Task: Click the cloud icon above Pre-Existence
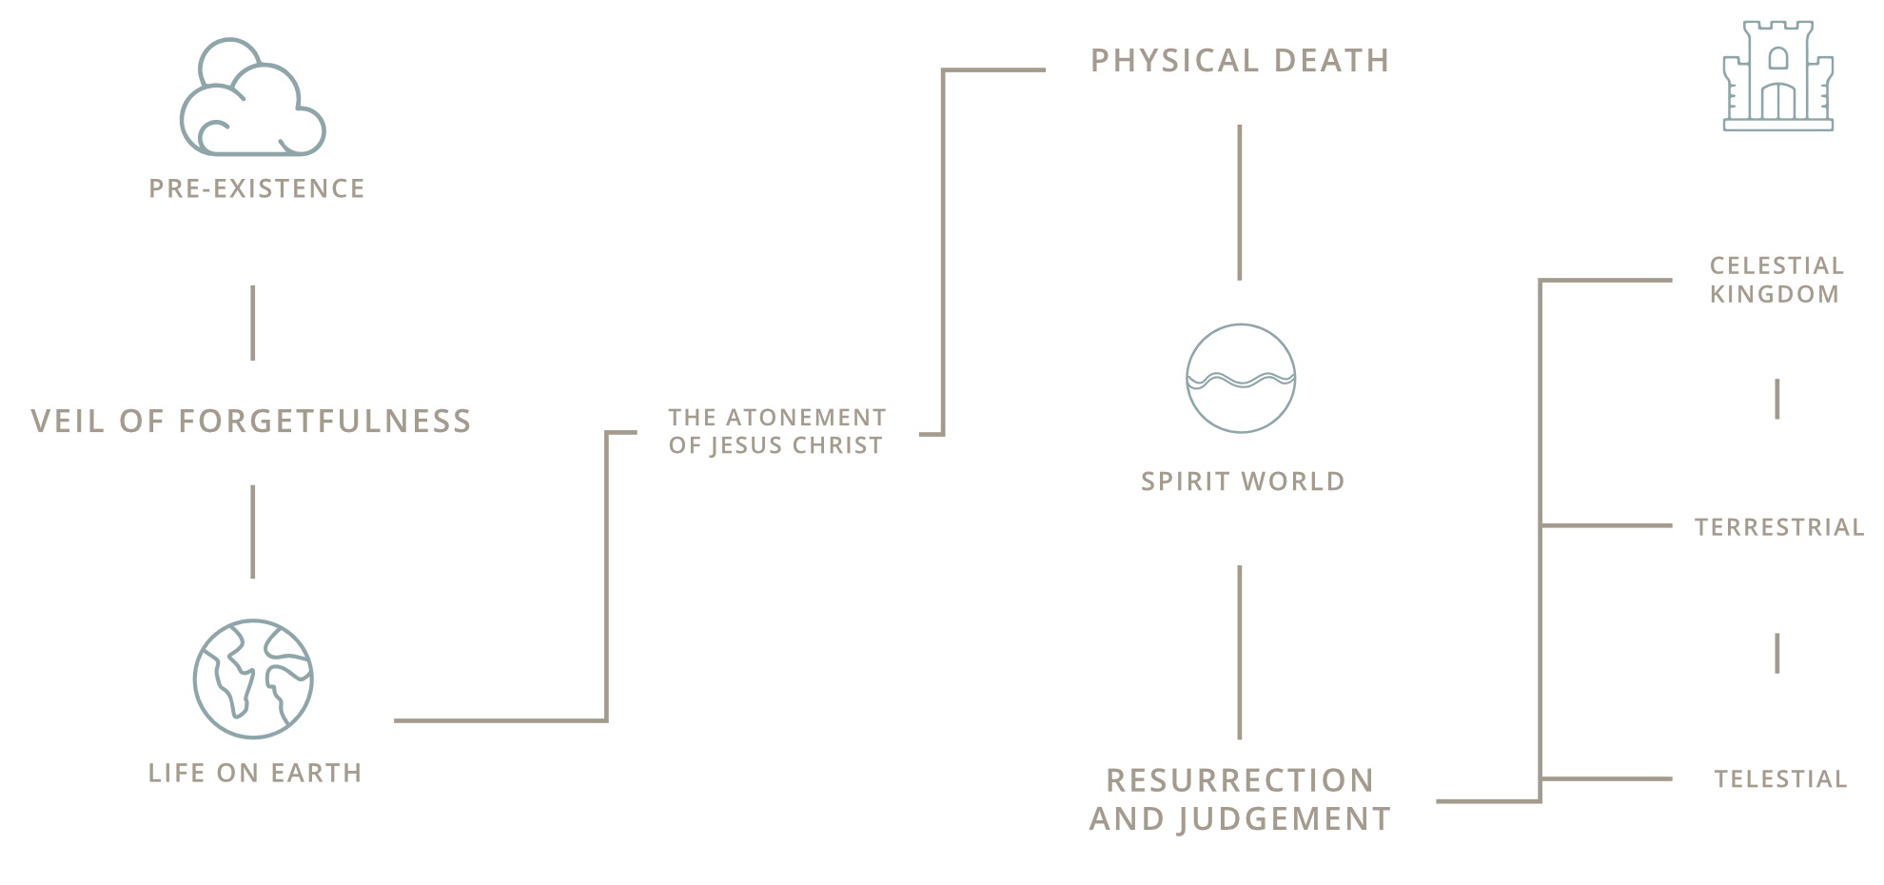tap(253, 99)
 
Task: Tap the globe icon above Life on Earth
tap(253, 678)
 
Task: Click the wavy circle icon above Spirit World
tap(1241, 378)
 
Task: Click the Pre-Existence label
tap(257, 188)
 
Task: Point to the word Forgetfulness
tap(324, 421)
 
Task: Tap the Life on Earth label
tap(255, 773)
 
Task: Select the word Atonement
tap(806, 418)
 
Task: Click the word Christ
tap(837, 445)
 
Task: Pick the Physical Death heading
tap(1240, 61)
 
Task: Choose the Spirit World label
tap(1243, 482)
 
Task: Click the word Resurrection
tap(1240, 780)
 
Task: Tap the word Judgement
tap(1284, 819)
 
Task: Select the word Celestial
tap(1776, 265)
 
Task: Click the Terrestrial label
tap(1779, 527)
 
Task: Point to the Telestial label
tap(1780, 779)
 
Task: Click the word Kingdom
tap(1775, 294)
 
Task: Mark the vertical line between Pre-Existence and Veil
tap(253, 323)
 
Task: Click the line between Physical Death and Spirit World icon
tap(1239, 202)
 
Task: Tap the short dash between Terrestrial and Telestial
tap(1777, 653)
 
